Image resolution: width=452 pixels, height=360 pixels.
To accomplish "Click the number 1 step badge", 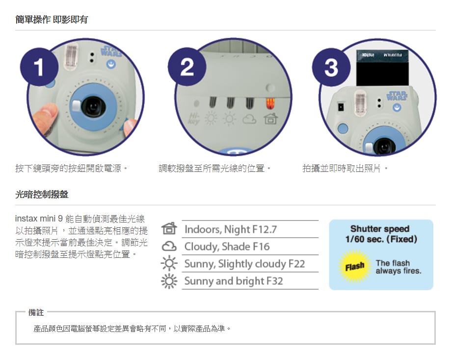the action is [39, 67].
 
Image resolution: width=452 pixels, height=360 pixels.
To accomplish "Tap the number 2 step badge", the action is [187, 67].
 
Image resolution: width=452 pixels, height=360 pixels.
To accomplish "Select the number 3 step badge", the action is [331, 67].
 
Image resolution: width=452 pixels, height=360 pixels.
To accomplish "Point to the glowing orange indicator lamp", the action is [270, 104].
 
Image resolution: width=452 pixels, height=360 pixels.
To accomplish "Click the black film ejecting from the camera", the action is [382, 68].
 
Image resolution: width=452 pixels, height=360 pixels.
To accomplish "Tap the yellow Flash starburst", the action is [355, 266].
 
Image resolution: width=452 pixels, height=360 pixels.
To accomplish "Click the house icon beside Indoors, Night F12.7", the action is [169, 229].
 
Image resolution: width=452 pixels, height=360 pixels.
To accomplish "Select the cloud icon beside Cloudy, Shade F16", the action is [169, 247].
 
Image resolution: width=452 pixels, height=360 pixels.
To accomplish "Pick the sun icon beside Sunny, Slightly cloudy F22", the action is [169, 263].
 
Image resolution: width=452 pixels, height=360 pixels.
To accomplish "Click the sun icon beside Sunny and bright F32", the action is [169, 281].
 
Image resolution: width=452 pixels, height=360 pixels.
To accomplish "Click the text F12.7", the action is [265, 230].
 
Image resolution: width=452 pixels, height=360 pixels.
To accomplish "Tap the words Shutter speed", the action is [380, 229].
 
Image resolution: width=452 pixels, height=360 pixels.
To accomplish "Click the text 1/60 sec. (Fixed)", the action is [381, 239].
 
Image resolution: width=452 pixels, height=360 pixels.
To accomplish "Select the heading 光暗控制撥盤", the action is [42, 194].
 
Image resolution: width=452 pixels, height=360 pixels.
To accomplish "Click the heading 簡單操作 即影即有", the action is [52, 20].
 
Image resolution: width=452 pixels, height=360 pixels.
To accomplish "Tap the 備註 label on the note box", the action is [36, 312].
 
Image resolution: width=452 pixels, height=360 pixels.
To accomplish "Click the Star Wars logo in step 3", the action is [397, 95].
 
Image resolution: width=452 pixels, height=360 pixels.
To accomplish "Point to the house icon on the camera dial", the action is [270, 118].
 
